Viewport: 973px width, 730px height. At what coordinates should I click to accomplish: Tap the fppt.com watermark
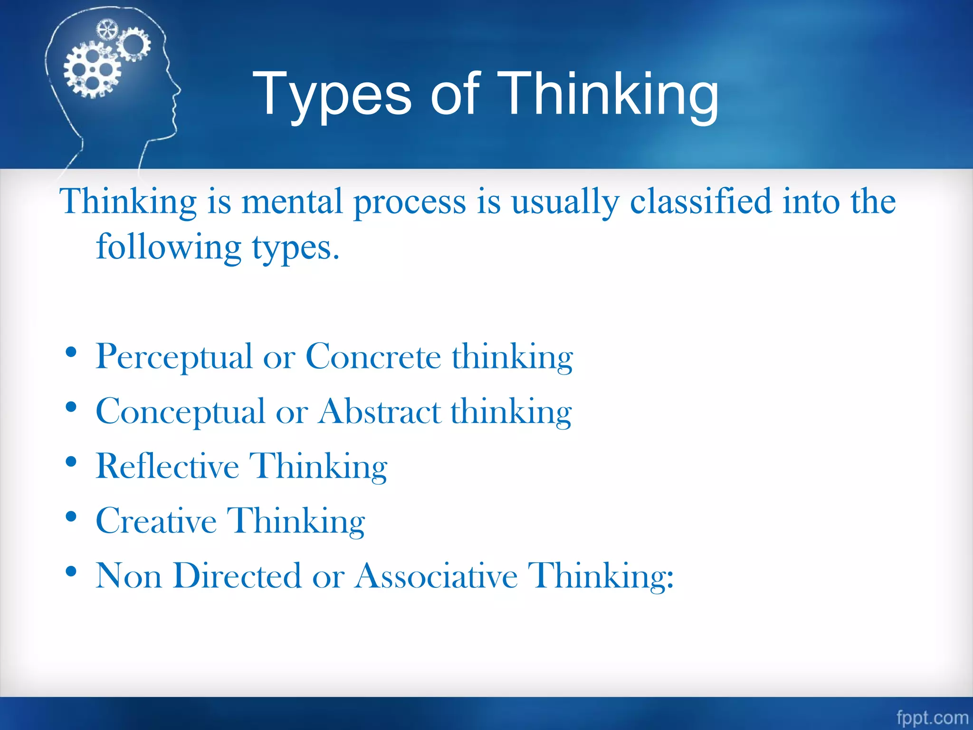(x=932, y=717)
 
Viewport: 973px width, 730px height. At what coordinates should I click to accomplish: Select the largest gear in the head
(x=92, y=70)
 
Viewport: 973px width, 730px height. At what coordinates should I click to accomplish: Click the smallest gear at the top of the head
(x=106, y=30)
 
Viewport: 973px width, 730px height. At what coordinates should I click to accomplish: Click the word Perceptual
(x=174, y=357)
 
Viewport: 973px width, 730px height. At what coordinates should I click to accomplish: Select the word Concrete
(x=373, y=357)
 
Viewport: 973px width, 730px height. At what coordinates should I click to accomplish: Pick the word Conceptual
(x=180, y=412)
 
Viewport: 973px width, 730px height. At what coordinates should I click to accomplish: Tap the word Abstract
(x=380, y=412)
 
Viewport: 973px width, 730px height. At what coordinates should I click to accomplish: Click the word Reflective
(x=167, y=466)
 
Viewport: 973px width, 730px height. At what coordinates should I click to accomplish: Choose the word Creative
(x=156, y=521)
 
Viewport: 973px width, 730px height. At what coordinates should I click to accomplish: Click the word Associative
(x=436, y=576)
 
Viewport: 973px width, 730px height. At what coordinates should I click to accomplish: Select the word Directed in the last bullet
(x=237, y=576)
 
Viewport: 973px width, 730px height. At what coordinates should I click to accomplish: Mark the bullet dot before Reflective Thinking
(x=71, y=462)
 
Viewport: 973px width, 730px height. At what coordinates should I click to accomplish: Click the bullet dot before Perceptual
(x=71, y=353)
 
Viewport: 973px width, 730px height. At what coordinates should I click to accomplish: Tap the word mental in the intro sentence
(x=292, y=202)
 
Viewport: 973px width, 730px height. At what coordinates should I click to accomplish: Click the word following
(x=169, y=247)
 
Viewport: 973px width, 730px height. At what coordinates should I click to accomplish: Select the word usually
(x=565, y=202)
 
